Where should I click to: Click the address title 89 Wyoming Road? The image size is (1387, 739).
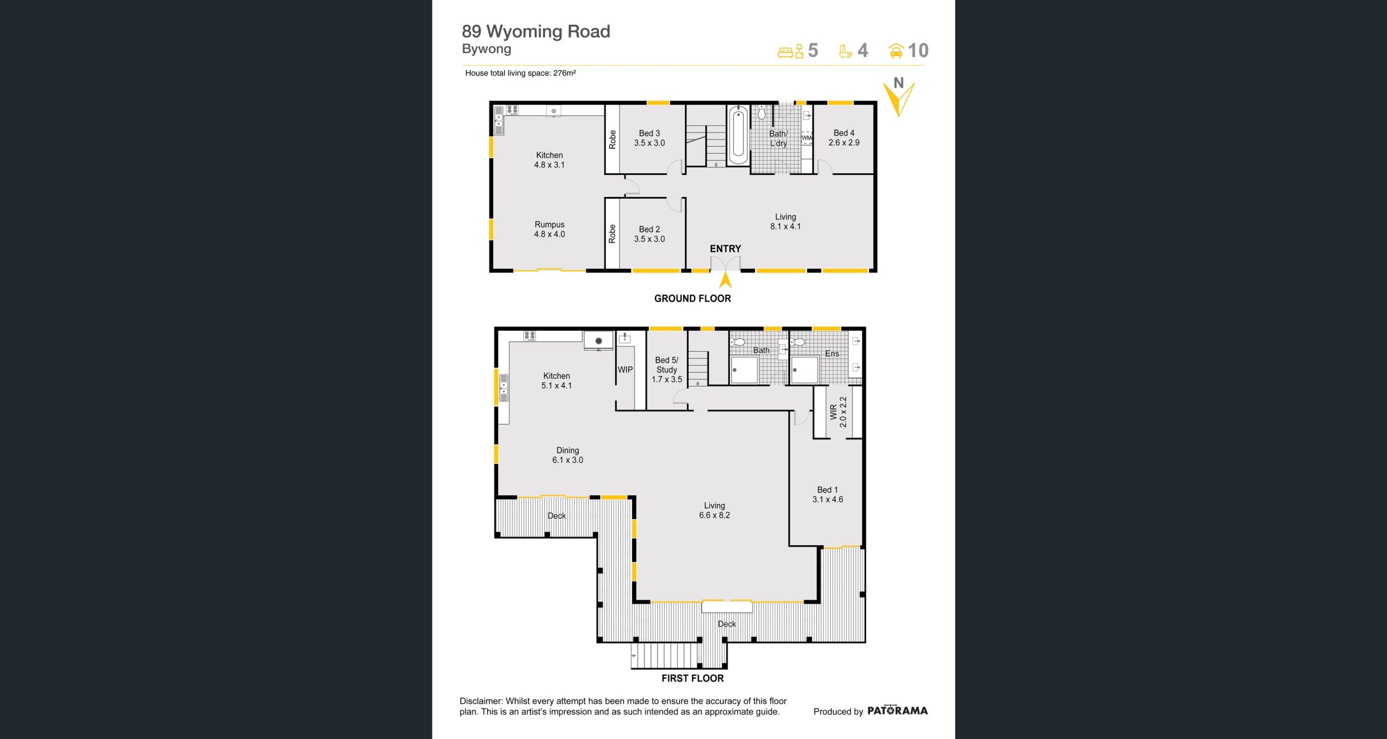tap(536, 32)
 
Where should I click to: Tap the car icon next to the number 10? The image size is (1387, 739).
tap(896, 51)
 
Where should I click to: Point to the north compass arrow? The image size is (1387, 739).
tap(899, 97)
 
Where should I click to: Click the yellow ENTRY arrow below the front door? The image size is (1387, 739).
tap(725, 280)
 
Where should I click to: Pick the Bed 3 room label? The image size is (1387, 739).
tap(650, 138)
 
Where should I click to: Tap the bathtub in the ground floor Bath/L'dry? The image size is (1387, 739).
tap(738, 135)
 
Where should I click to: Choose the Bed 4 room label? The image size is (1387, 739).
tap(844, 138)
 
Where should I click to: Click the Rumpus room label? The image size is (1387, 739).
tap(549, 229)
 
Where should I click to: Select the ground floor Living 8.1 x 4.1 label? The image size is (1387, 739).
tap(786, 221)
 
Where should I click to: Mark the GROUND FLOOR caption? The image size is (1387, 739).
tap(692, 298)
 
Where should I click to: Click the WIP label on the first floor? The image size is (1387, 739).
tap(625, 370)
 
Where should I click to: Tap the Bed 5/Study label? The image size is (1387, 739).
tap(667, 370)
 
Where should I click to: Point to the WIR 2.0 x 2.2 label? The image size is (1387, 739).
tap(838, 412)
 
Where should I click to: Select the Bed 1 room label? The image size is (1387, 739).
tap(828, 495)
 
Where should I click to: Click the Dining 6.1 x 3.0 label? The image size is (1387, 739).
tap(568, 455)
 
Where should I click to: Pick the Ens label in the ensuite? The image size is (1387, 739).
tap(832, 354)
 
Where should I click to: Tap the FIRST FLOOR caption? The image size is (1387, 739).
tap(692, 678)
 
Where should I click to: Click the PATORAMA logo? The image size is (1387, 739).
tap(897, 710)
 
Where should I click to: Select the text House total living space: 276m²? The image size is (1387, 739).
tap(520, 73)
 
